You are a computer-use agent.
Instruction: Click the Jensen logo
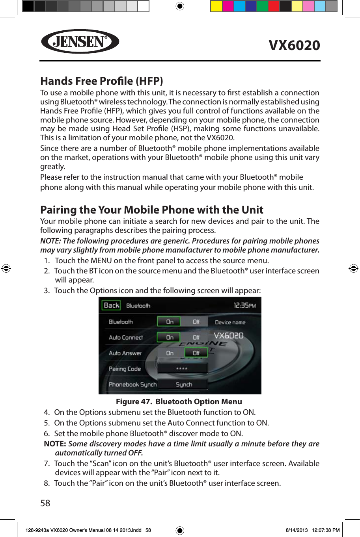point(80,41)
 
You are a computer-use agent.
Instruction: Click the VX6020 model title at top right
point(294,45)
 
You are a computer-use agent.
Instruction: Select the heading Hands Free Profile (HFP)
point(102,81)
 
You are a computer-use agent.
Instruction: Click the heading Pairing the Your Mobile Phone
point(152,210)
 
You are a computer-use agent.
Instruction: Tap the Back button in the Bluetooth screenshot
point(111,305)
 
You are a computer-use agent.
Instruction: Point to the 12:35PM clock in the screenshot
point(244,305)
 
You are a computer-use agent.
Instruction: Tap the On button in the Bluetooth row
point(169,322)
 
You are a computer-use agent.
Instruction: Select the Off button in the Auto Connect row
point(196,337)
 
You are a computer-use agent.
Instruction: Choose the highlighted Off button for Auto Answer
point(196,353)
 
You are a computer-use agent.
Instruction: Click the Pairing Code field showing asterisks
point(182,369)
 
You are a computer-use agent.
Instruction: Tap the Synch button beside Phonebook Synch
point(184,385)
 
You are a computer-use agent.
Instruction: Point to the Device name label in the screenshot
point(230,322)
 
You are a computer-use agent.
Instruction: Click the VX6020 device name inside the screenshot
point(229,336)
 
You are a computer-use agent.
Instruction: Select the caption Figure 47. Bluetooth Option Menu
point(179,401)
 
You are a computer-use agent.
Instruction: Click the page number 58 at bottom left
point(45,503)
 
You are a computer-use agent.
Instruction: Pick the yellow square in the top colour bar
point(216,6)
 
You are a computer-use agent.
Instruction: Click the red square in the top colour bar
point(274,6)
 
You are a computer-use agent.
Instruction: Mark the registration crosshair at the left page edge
point(6,268)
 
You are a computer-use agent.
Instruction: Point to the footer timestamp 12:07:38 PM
point(325,530)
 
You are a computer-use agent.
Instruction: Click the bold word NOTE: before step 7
point(55,444)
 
